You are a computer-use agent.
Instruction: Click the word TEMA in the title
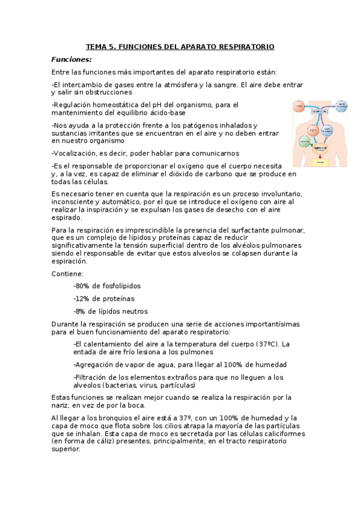pos(95,46)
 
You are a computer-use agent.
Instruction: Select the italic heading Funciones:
pos(72,59)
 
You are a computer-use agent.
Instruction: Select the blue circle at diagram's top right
pos(340,106)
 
